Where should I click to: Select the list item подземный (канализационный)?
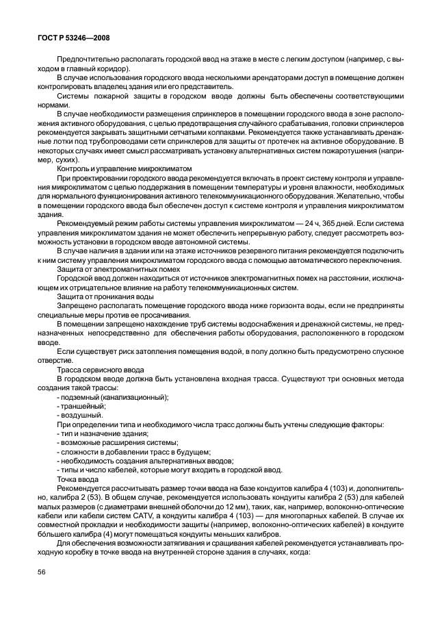(x=114, y=397)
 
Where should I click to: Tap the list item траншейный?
(x=82, y=406)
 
